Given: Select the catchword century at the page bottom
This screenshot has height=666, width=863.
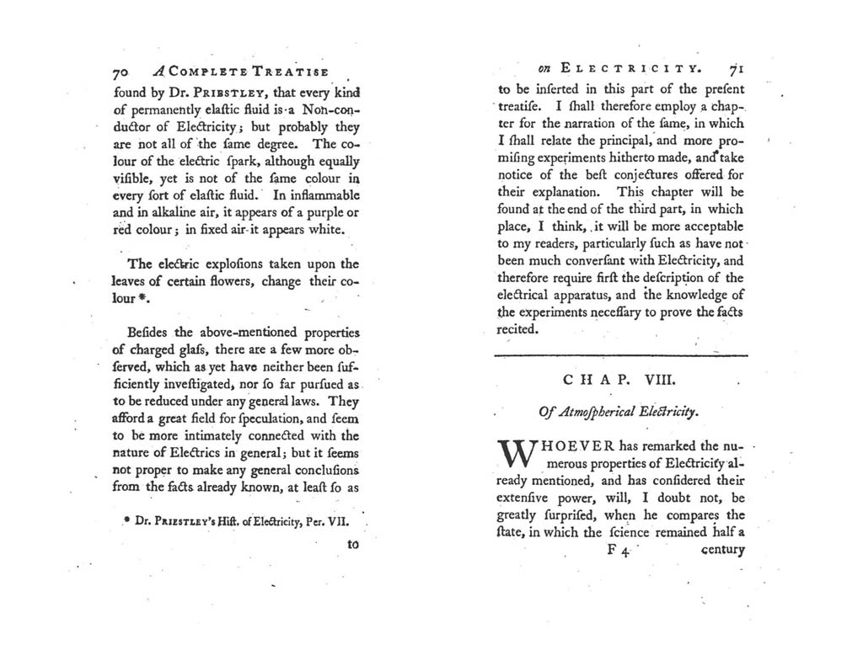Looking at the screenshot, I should pos(722,551).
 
